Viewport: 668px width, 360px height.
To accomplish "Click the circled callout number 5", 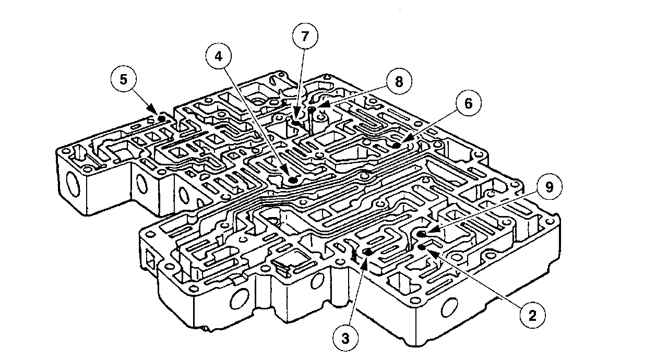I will (123, 80).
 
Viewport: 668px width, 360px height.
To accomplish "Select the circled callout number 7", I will (304, 37).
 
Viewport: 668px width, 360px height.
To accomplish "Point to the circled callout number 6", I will (468, 103).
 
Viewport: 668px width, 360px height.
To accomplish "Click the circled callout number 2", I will (532, 315).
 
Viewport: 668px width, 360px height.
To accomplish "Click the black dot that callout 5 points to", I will (162, 119).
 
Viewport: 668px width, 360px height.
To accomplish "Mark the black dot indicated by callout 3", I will (368, 252).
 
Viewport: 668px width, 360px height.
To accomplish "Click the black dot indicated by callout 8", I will (312, 110).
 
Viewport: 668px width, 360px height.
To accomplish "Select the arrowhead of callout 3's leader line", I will (362, 260).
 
